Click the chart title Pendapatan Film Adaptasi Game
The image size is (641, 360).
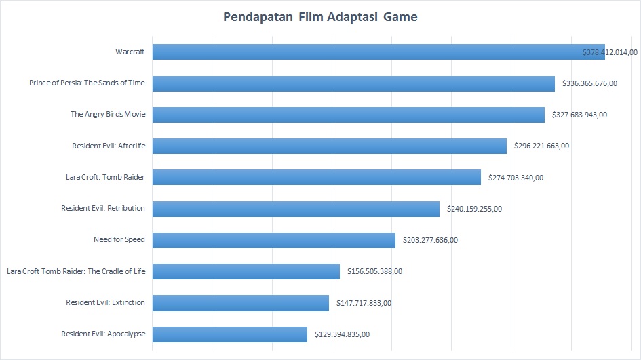point(320,17)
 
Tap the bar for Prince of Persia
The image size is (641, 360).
point(353,83)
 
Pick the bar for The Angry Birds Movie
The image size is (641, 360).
point(348,115)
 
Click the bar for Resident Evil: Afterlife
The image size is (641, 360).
point(329,146)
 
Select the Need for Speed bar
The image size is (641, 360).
point(273,240)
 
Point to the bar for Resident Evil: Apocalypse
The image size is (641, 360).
point(229,334)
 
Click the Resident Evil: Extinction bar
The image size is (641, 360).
point(240,303)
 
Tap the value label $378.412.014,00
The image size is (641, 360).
point(610,52)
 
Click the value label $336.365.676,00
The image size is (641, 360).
point(589,83)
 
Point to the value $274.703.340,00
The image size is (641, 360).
point(516,178)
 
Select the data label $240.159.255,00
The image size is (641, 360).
point(474,209)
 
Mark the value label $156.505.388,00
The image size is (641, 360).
point(374,272)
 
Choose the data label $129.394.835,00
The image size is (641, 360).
point(342,334)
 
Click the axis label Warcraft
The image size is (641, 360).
point(130,52)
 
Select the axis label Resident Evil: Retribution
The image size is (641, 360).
point(103,208)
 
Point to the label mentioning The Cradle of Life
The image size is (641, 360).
point(76,271)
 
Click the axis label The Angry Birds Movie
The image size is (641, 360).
point(108,114)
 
